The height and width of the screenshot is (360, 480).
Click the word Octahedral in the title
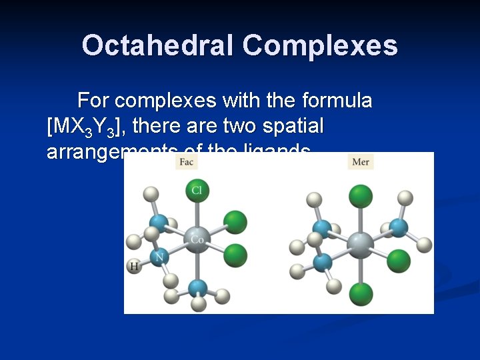(158, 46)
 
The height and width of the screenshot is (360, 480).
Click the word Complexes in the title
(320, 46)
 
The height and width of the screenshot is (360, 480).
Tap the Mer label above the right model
(361, 162)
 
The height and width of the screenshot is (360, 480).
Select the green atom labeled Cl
(197, 191)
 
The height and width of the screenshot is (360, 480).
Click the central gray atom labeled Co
(197, 239)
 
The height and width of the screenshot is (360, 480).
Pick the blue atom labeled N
(159, 257)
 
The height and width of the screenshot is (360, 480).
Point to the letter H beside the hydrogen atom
(135, 267)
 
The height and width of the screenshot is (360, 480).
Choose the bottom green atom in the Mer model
(361, 293)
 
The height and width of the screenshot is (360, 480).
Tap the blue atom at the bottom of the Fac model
(197, 289)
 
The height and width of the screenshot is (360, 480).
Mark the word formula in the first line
(337, 101)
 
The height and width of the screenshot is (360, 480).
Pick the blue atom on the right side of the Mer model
(399, 227)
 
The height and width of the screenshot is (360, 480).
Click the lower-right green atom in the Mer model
(399, 260)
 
